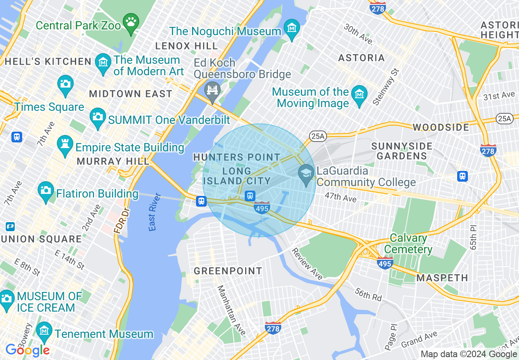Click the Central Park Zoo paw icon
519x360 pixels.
pyautogui.click(x=131, y=23)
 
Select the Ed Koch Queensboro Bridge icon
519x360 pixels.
pyautogui.click(x=212, y=90)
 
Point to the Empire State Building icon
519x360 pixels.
pyautogui.click(x=65, y=146)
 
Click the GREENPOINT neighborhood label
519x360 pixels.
pyautogui.click(x=228, y=271)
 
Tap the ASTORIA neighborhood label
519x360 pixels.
pyautogui.click(x=361, y=58)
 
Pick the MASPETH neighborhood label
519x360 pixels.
pyautogui.click(x=442, y=278)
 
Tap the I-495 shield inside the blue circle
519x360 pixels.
pyautogui.click(x=262, y=208)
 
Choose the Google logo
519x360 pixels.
pyautogui.click(x=27, y=350)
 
